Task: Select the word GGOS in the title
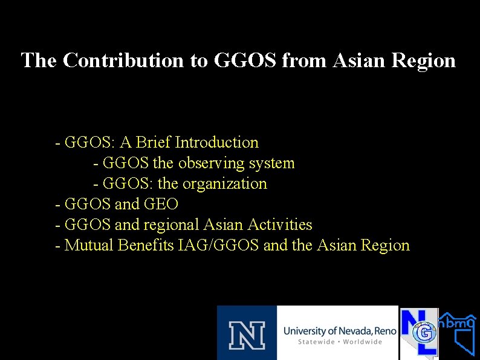[x=245, y=61]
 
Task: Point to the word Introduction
[x=216, y=143]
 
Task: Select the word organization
[x=224, y=184]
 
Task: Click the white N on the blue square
[x=247, y=333]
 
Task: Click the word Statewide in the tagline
[x=318, y=342]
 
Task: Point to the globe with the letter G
[x=426, y=332]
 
